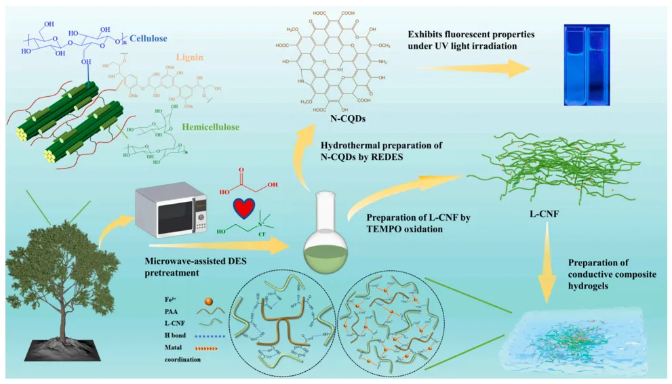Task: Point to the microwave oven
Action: click(170, 207)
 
